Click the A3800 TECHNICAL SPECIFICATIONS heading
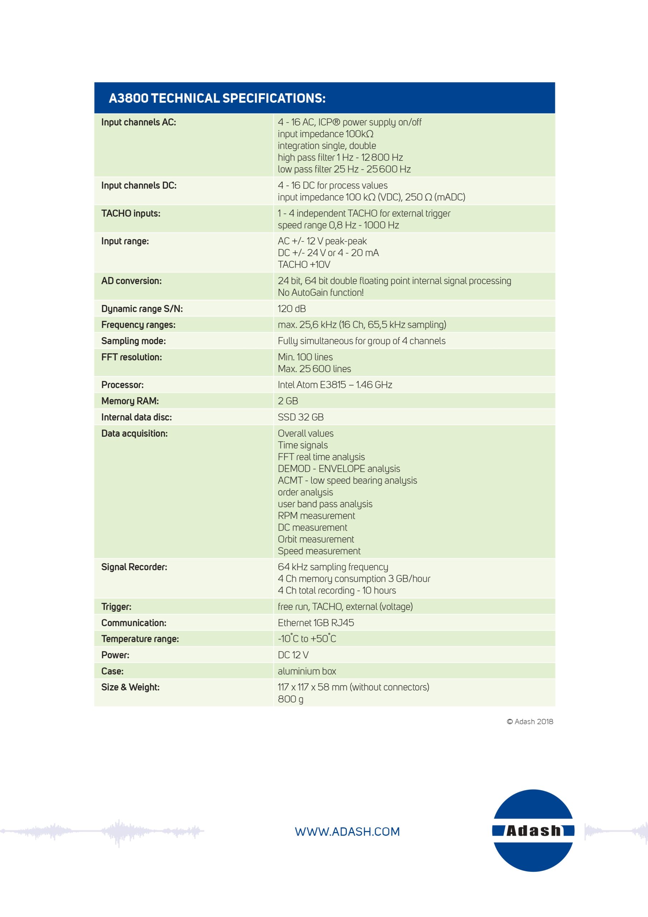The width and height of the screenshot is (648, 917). pyautogui.click(x=217, y=98)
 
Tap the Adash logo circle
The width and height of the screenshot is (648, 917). pyautogui.click(x=533, y=830)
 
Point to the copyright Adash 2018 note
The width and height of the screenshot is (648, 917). pyautogui.click(x=530, y=722)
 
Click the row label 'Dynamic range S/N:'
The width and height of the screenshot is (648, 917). pyautogui.click(x=142, y=309)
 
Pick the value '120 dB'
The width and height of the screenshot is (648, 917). pyautogui.click(x=292, y=309)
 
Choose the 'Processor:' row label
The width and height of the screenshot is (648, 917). pyautogui.click(x=122, y=385)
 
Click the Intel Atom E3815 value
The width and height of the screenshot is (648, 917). pyautogui.click(x=335, y=385)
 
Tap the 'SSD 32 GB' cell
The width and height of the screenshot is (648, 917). pyautogui.click(x=301, y=417)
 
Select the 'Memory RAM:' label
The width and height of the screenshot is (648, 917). pyautogui.click(x=130, y=401)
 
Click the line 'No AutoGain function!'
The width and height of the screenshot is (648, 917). pyautogui.click(x=321, y=293)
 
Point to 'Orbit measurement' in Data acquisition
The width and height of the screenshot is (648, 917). pyautogui.click(x=316, y=539)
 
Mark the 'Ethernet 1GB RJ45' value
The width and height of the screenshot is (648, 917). pyautogui.click(x=316, y=623)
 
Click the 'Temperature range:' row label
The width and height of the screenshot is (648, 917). pyautogui.click(x=140, y=639)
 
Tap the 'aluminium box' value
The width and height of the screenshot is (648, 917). pyautogui.click(x=306, y=671)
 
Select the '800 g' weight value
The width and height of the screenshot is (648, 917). pyautogui.click(x=290, y=699)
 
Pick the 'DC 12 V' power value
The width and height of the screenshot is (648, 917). pyautogui.click(x=293, y=655)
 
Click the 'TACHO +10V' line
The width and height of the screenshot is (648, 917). pyautogui.click(x=304, y=265)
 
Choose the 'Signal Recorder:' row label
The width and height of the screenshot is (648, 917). pyautogui.click(x=134, y=567)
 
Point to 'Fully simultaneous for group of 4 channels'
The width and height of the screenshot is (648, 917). pyautogui.click(x=361, y=341)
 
